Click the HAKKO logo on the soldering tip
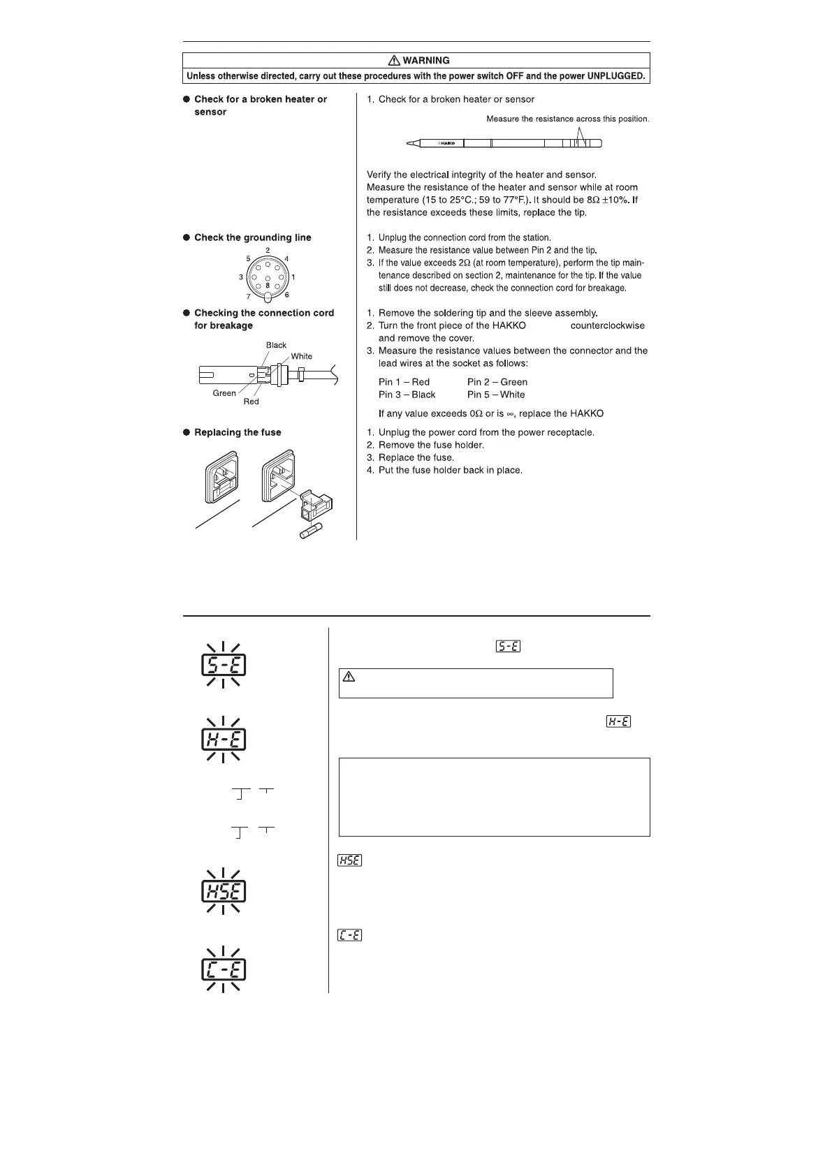(446, 143)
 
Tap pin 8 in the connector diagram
(268, 285)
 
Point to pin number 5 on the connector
(248, 258)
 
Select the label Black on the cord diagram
(276, 345)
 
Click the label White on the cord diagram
(302, 356)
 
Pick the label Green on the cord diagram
(224, 393)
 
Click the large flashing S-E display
(224, 664)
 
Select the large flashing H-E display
(224, 740)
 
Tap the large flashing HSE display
(224, 891)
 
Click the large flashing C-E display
(224, 969)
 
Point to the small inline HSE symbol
(349, 860)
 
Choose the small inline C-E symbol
(349, 935)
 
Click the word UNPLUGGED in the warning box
(610, 76)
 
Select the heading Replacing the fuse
(238, 432)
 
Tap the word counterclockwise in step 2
(607, 325)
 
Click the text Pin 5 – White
(496, 395)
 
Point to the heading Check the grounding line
(252, 237)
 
